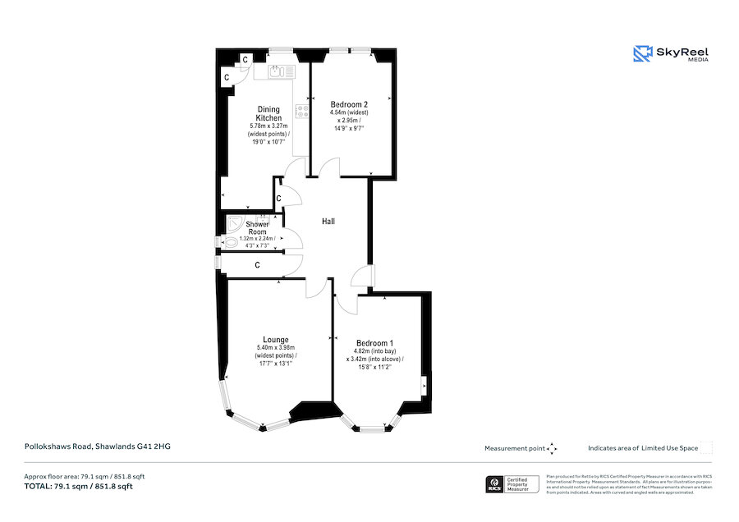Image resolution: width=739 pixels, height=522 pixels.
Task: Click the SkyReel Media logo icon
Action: pyautogui.click(x=642, y=54)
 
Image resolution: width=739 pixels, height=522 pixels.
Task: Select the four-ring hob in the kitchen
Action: pyautogui.click(x=302, y=111)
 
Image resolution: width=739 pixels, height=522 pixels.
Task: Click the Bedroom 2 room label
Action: pyautogui.click(x=348, y=105)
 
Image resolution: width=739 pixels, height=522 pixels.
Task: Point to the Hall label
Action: pyautogui.click(x=328, y=222)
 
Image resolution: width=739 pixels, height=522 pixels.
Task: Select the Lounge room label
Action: pyautogui.click(x=275, y=340)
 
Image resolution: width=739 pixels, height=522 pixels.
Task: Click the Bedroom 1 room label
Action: pyautogui.click(x=374, y=343)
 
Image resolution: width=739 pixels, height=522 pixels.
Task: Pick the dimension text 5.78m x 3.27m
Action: pyautogui.click(x=269, y=126)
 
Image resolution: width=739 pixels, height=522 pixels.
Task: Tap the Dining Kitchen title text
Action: pyautogui.click(x=269, y=114)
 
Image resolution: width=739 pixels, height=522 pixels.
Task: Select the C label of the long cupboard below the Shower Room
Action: pyautogui.click(x=258, y=265)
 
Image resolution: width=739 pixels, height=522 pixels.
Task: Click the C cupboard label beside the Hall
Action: pyautogui.click(x=279, y=199)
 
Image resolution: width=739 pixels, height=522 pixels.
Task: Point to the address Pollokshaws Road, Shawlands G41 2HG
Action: pyautogui.click(x=96, y=446)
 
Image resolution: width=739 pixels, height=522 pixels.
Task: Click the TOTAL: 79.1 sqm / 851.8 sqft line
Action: pyautogui.click(x=78, y=487)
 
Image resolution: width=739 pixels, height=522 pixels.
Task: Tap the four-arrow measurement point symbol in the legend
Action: pyautogui.click(x=552, y=448)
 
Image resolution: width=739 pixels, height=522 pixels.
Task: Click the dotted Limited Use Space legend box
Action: pyautogui.click(x=706, y=448)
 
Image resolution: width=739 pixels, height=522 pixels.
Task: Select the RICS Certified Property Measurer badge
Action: pyautogui.click(x=512, y=484)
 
